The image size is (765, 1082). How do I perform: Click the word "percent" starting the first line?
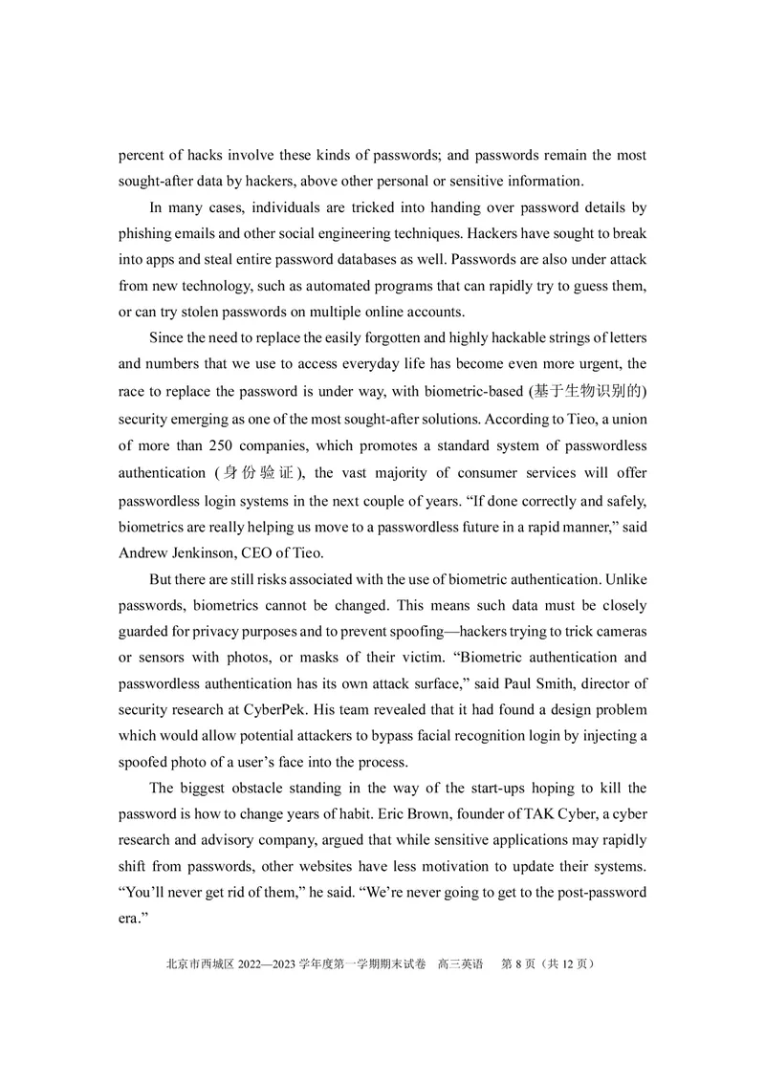point(142,155)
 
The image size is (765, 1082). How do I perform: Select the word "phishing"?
point(147,233)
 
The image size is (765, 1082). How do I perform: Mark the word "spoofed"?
point(148,763)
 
